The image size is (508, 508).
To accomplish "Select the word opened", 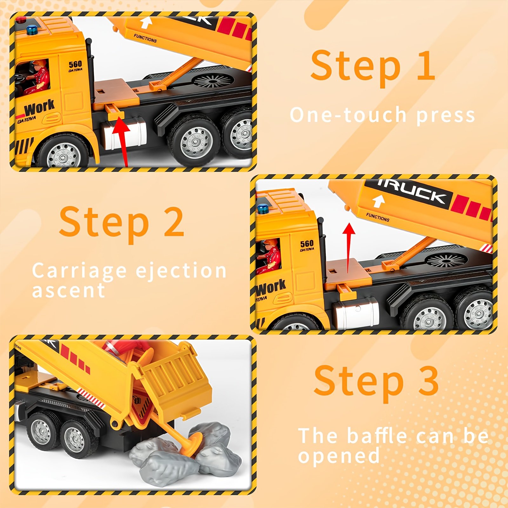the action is tap(339, 456).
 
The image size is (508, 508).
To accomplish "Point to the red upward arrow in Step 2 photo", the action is tap(349, 248).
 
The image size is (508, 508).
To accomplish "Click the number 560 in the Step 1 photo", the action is tap(75, 64).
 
